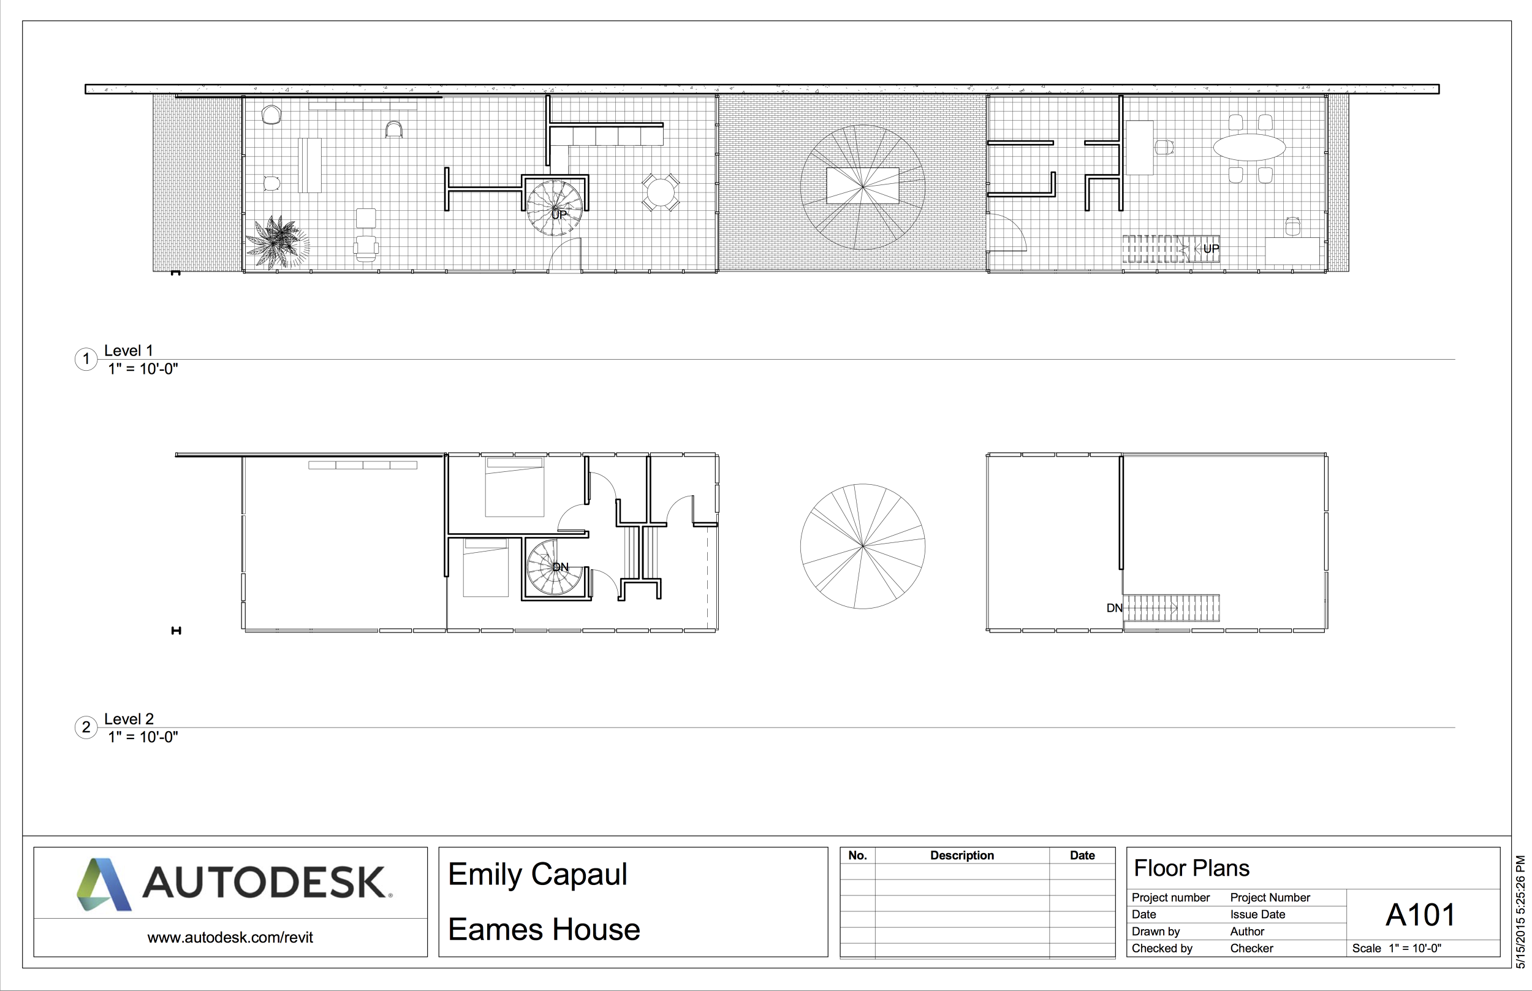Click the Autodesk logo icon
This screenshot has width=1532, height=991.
click(x=104, y=884)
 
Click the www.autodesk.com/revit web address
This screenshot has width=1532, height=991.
click(x=230, y=938)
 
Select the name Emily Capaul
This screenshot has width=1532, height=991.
click(x=537, y=875)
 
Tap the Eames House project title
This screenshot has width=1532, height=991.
click(x=544, y=930)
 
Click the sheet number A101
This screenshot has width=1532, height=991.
click(x=1420, y=915)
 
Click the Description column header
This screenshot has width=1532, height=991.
click(x=961, y=855)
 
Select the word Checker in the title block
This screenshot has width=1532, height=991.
click(x=1251, y=949)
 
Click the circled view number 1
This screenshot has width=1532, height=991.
click(x=86, y=359)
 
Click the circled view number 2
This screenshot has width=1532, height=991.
click(x=86, y=727)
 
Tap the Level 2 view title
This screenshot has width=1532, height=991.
click(x=129, y=719)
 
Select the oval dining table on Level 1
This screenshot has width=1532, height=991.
click(x=1249, y=147)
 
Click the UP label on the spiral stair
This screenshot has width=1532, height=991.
click(x=558, y=215)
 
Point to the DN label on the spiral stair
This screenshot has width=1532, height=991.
click(x=561, y=567)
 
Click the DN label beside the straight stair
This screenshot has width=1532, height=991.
click(x=1114, y=608)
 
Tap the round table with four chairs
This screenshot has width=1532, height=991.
click(x=660, y=192)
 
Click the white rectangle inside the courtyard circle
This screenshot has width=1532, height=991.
click(x=862, y=185)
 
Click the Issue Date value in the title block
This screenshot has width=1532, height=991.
click(x=1257, y=914)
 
